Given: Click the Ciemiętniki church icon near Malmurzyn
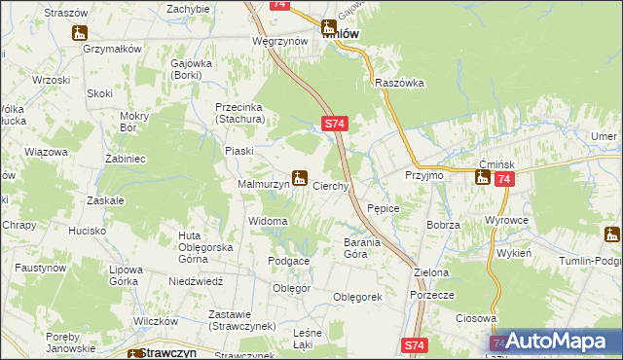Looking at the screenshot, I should click(x=301, y=179).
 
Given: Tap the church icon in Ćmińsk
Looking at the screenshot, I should click(x=482, y=177).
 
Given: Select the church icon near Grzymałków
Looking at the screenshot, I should click(x=80, y=34).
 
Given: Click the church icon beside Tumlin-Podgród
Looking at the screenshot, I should click(x=611, y=234).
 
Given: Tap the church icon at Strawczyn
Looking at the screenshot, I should click(x=133, y=355).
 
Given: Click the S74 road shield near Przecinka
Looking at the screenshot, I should click(x=333, y=124).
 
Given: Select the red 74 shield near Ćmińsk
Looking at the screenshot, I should click(x=503, y=180).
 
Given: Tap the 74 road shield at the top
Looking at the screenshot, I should click(x=280, y=5).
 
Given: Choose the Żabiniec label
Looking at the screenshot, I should click(x=125, y=158).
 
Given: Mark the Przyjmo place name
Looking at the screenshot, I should click(x=424, y=175).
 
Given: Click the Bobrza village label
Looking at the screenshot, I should click(x=443, y=225).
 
